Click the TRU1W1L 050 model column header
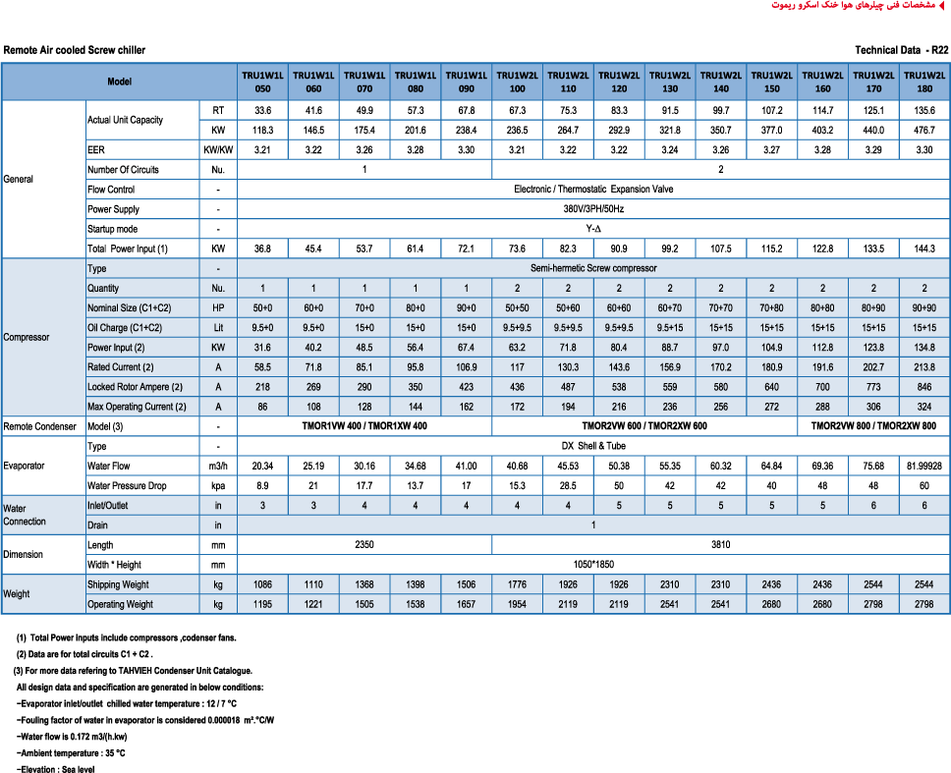(262, 81)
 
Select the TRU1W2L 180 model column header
(923, 81)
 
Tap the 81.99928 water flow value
(923, 466)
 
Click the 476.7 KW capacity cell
(923, 129)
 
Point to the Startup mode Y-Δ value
(593, 229)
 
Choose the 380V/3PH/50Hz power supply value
(593, 209)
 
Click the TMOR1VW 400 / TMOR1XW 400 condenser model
(364, 426)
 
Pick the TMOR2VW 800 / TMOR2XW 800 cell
(872, 426)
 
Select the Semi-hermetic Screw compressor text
(593, 268)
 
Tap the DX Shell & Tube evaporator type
(593, 446)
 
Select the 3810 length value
(720, 544)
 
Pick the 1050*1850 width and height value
(593, 565)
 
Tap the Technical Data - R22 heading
(901, 49)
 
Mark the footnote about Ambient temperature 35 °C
(71, 752)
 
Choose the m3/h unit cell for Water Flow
(217, 466)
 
